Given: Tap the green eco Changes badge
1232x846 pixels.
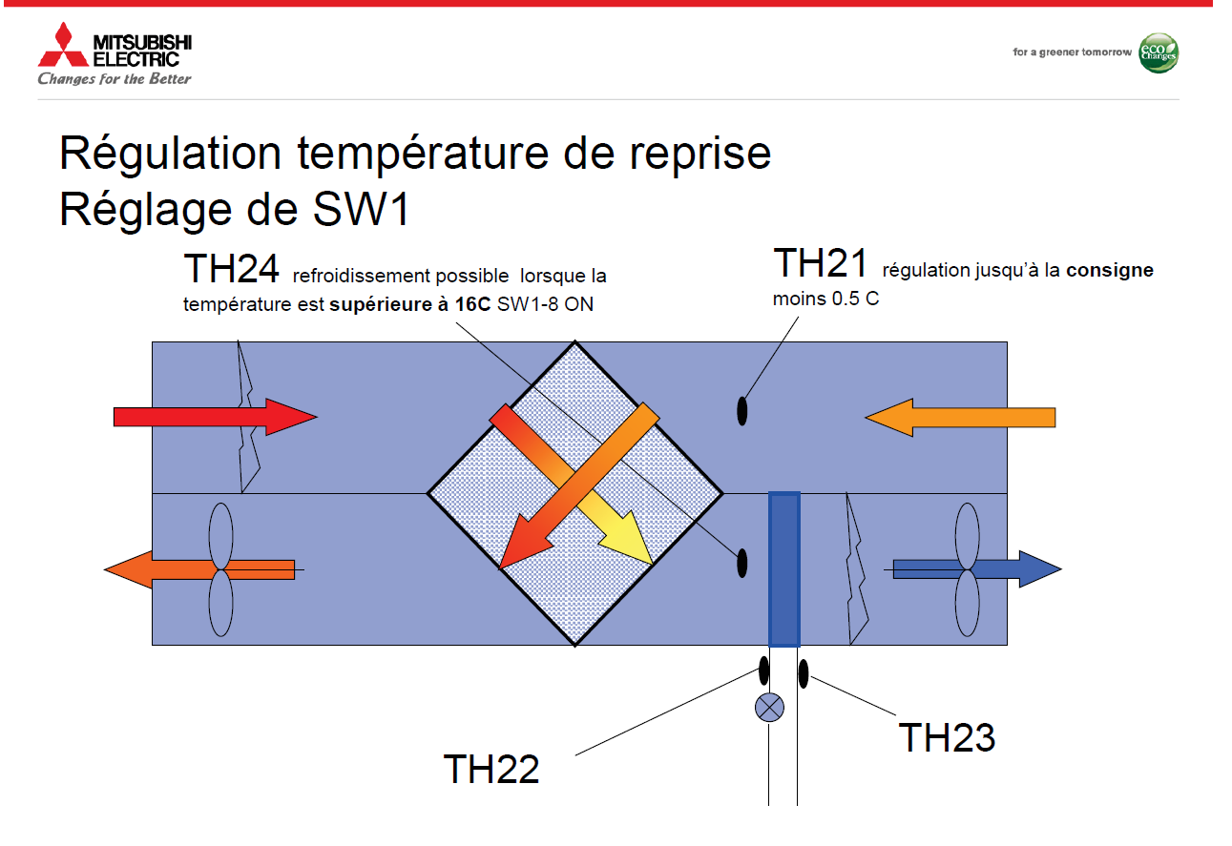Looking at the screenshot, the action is [1158, 53].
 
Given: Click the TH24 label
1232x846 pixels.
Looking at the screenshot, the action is [231, 269].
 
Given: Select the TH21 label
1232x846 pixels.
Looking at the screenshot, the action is [820, 263].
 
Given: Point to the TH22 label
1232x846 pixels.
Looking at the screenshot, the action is [491, 769].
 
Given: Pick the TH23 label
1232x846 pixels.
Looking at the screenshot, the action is [947, 737].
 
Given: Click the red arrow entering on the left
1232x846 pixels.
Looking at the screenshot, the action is [215, 417].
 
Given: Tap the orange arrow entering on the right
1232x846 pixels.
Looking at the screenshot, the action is [960, 418].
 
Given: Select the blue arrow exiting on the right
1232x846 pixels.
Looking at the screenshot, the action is [977, 569].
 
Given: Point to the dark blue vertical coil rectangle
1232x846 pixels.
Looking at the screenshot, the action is [784, 569].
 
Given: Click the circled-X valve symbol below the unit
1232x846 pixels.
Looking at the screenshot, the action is [769, 708].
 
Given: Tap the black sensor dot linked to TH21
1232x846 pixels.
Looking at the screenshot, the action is [741, 411].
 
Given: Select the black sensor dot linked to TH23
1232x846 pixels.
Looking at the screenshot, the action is [804, 673].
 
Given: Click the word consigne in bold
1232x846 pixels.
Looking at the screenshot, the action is [1109, 271].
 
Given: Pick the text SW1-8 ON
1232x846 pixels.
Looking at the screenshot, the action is [545, 304].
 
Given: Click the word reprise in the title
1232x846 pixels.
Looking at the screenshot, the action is [700, 154].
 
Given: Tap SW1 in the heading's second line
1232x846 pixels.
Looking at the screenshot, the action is [361, 210].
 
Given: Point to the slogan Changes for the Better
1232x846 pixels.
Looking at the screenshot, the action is [115, 79].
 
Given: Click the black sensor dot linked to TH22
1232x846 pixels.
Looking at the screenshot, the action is [764, 671].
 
